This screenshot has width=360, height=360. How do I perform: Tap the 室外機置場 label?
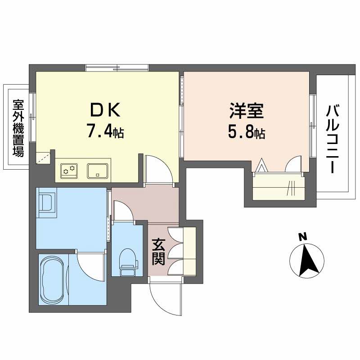click(18, 128)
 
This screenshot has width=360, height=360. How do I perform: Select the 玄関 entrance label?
click(158, 252)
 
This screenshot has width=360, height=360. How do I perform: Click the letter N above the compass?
click(303, 236)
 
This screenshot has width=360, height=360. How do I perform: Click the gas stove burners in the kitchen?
click(69, 170)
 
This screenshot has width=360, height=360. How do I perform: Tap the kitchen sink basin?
click(97, 170)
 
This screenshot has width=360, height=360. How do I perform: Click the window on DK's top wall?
click(117, 68)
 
